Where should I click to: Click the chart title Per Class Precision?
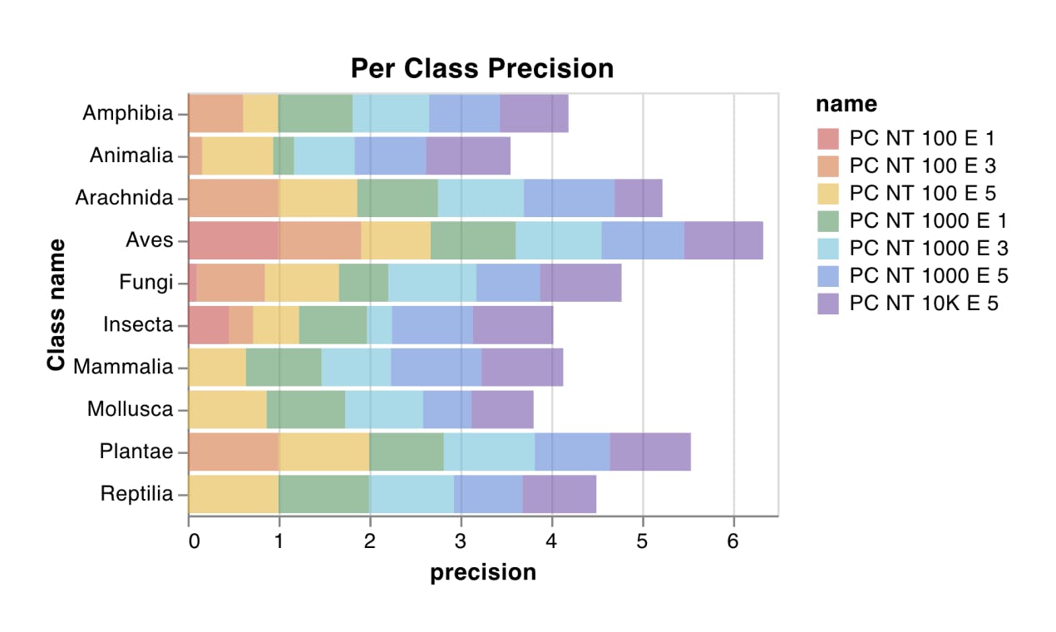[x=482, y=67]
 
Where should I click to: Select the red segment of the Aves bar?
[x=234, y=240]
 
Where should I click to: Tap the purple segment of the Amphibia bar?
[x=534, y=113]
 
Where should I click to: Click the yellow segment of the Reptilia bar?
[x=234, y=494]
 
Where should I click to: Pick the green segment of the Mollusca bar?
[x=305, y=409]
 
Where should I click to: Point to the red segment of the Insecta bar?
[x=209, y=324]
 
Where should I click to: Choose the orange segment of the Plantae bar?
[x=234, y=452]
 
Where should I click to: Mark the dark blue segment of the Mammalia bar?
[x=436, y=367]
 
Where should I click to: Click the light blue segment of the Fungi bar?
[x=432, y=283]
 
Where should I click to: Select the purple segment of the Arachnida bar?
[x=638, y=198]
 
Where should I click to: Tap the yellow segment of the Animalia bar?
[x=238, y=156]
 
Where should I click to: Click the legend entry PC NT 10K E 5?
[x=923, y=304]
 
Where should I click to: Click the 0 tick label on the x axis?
[x=193, y=540]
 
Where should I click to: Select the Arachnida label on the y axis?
[x=124, y=198]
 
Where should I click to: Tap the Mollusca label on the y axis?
[x=131, y=409]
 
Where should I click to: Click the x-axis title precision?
[x=482, y=572]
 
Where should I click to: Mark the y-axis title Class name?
[x=57, y=304]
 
